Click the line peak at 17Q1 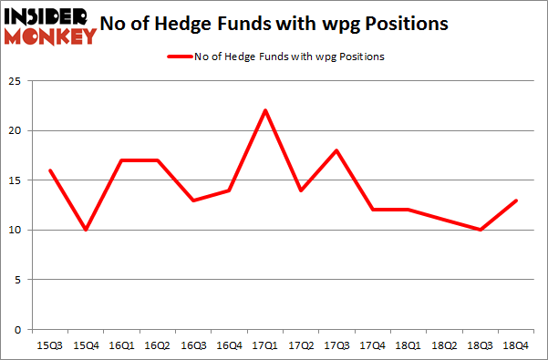pos(264,111)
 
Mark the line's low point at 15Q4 pos(87,230)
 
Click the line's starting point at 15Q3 pos(51,170)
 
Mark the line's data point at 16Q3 pos(193,201)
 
